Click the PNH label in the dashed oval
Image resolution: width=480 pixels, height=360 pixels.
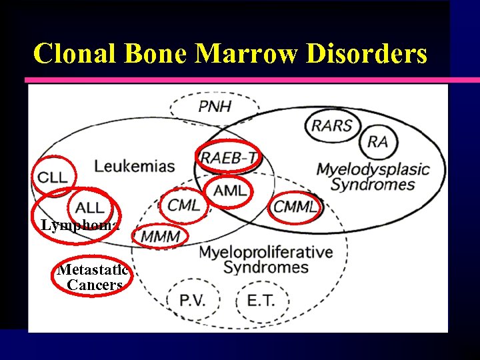tap(215, 106)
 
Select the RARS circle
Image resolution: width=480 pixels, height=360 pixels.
tap(332, 125)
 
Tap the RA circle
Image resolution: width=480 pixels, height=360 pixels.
tap(377, 142)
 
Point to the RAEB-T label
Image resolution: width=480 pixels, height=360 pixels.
tap(229, 158)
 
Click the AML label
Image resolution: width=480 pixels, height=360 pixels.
tap(230, 191)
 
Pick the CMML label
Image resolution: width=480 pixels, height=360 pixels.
tap(295, 207)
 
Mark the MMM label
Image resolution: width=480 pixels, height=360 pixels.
tap(160, 236)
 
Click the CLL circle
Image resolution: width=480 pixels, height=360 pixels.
tap(53, 177)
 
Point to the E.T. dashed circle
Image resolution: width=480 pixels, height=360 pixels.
tap(261, 299)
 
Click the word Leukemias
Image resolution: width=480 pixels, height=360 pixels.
tap(135, 166)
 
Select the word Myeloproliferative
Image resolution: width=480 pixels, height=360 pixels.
tap(265, 252)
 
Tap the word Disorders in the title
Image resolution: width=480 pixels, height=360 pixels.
tap(366, 53)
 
